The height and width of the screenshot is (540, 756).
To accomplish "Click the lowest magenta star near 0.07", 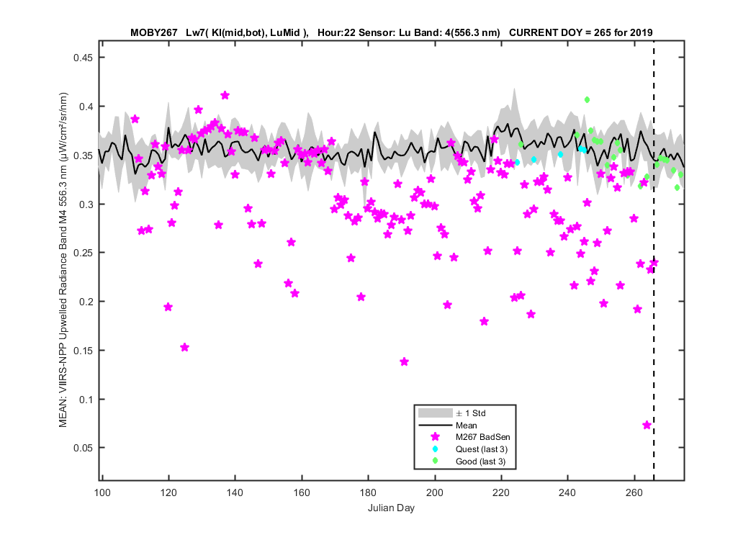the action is (647, 426).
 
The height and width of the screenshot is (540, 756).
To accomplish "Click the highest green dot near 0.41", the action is (588, 100).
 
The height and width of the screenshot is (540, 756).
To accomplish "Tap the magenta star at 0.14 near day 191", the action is (405, 361).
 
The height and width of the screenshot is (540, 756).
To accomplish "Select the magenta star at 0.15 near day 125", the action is (184, 348).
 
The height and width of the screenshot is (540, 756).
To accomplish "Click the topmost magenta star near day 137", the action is (225, 96).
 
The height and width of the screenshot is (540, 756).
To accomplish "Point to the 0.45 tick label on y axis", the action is (83, 58).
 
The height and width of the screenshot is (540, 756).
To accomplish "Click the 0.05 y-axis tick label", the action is (83, 449).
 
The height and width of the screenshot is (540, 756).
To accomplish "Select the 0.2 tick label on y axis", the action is (86, 302).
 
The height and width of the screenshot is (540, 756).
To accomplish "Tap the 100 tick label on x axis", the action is (102, 492).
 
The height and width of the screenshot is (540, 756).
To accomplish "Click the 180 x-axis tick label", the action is (369, 492).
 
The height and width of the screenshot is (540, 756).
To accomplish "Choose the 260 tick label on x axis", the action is (634, 492).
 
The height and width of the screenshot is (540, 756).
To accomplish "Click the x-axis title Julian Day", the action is (391, 508).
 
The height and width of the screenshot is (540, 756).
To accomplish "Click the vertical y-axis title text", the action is (63, 260).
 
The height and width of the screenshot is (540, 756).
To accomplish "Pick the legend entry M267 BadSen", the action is (482, 437).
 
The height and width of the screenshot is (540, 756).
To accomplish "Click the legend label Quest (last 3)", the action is (481, 449).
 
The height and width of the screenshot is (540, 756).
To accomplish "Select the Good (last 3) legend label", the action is (480, 462).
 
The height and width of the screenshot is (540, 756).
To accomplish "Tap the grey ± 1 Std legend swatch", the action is (435, 413).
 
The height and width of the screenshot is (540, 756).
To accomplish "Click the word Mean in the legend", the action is (467, 426).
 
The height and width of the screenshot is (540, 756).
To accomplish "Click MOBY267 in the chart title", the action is (154, 33).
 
